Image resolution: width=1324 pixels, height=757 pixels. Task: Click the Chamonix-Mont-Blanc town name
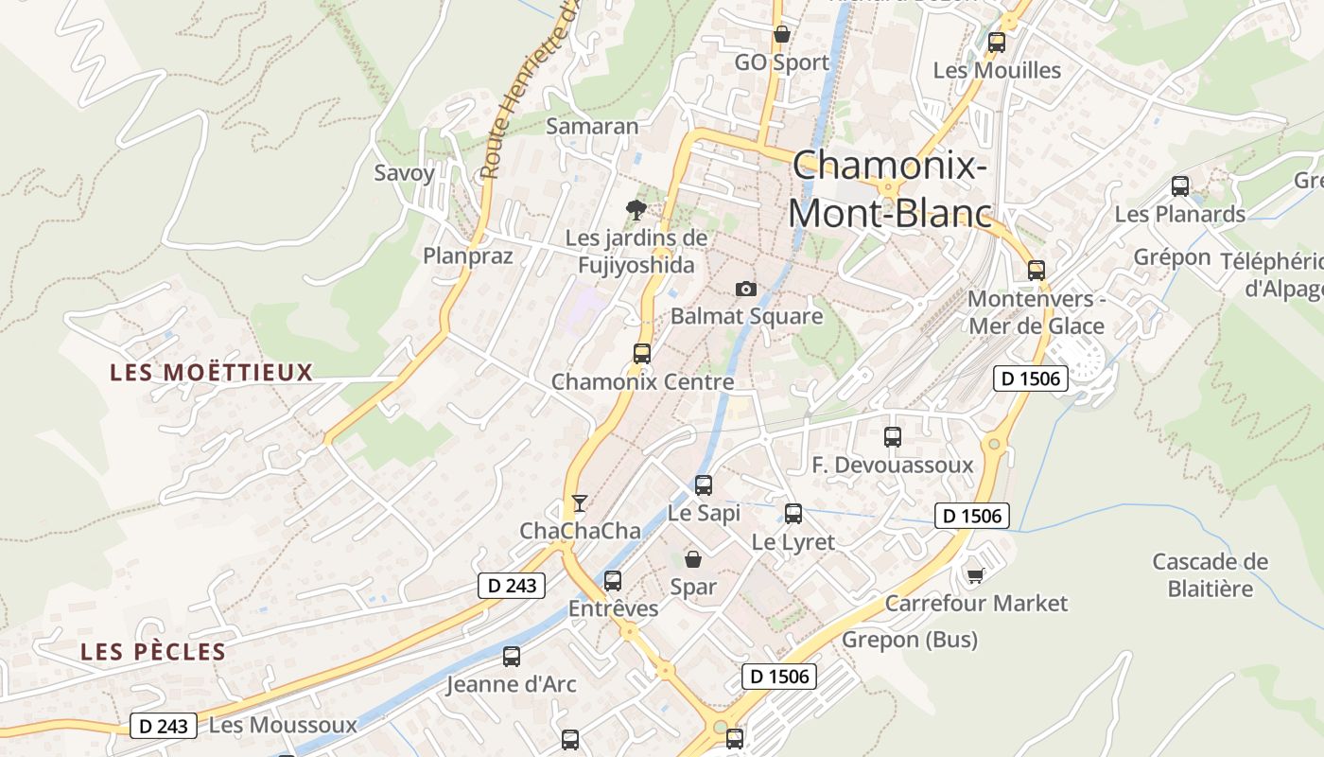pyautogui.click(x=890, y=189)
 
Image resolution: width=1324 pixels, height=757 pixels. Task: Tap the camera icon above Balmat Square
pyautogui.click(x=746, y=289)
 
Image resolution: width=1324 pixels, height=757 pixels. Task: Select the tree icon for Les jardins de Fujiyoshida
pyautogui.click(x=636, y=209)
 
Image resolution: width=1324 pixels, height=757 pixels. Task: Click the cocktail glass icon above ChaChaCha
pyautogui.click(x=580, y=502)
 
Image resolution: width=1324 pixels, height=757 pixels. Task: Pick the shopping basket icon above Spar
pyautogui.click(x=693, y=558)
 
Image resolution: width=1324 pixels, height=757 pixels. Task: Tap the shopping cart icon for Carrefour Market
pyautogui.click(x=975, y=574)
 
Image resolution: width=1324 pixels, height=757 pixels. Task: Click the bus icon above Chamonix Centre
pyautogui.click(x=642, y=354)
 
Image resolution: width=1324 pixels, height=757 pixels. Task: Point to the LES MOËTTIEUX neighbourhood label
pyautogui.click(x=211, y=372)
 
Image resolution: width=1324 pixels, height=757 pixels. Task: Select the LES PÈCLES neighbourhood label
pyautogui.click(x=153, y=651)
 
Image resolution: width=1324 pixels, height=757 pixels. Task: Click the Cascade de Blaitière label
pyautogui.click(x=1210, y=574)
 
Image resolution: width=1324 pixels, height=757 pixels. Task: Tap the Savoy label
pyautogui.click(x=404, y=172)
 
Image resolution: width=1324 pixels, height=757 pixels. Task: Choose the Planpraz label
pyautogui.click(x=467, y=255)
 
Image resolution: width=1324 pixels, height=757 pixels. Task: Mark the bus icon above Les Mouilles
pyautogui.click(x=996, y=43)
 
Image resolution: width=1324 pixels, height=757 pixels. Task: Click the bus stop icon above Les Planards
pyautogui.click(x=1179, y=185)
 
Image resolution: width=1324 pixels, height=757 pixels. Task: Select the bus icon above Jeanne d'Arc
pyautogui.click(x=512, y=656)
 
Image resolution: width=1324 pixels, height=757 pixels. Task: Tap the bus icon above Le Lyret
pyautogui.click(x=793, y=514)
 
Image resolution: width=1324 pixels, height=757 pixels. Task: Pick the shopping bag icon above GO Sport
pyautogui.click(x=782, y=35)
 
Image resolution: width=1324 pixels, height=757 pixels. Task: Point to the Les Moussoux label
pyautogui.click(x=283, y=726)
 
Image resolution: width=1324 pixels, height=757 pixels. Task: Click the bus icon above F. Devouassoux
pyautogui.click(x=893, y=437)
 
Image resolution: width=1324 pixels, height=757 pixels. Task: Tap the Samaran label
pyautogui.click(x=592, y=126)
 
